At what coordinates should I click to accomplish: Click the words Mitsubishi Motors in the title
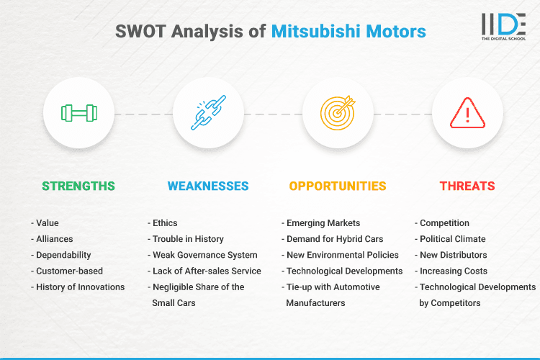(x=348, y=32)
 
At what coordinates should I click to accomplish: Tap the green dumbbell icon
(x=78, y=113)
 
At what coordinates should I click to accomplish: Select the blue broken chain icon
(x=208, y=113)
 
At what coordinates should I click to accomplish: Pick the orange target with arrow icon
(x=338, y=113)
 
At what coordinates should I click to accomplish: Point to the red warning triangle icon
(x=467, y=113)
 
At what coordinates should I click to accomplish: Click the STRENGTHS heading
(x=78, y=186)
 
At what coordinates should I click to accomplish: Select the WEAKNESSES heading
(x=208, y=186)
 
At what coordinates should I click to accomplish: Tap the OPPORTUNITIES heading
(x=338, y=186)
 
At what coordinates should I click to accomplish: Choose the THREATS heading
(x=467, y=186)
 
